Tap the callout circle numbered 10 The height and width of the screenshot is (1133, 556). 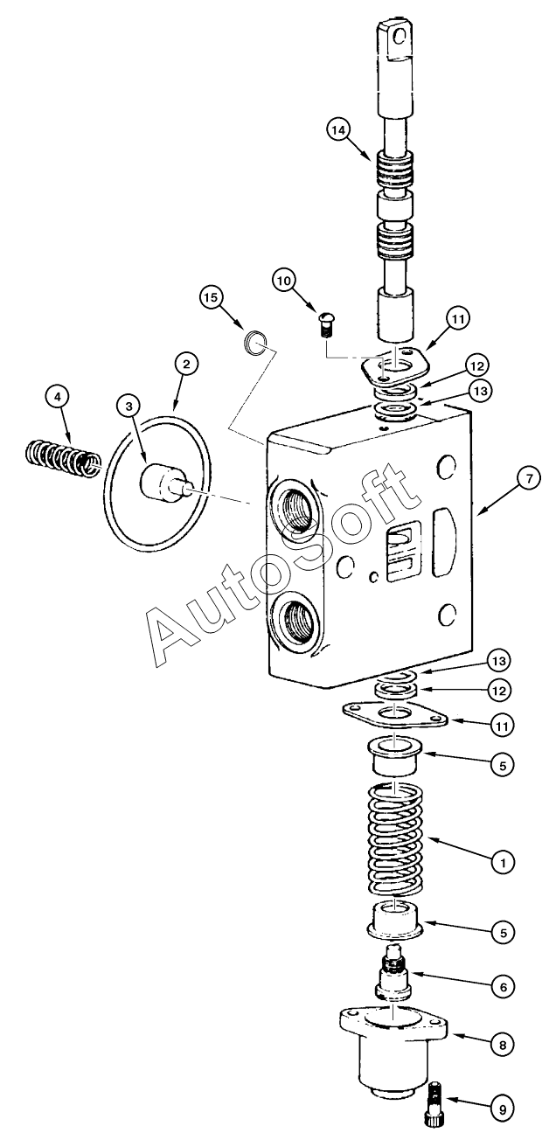(x=282, y=282)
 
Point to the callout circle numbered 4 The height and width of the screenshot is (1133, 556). (x=57, y=398)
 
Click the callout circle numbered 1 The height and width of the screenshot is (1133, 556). (x=502, y=862)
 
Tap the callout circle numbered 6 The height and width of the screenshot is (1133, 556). (x=502, y=986)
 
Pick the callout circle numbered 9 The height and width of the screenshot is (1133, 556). (x=502, y=1109)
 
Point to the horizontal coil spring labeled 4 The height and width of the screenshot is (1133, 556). (x=58, y=457)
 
